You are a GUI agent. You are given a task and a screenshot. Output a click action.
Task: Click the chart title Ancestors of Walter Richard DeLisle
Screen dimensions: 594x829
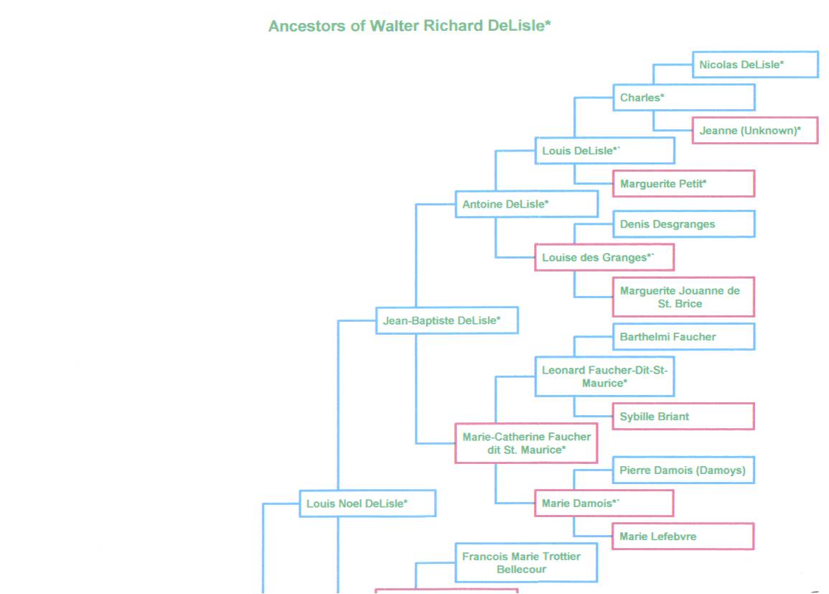[409, 27]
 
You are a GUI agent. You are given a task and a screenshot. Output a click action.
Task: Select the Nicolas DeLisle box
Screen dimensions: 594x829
[755, 65]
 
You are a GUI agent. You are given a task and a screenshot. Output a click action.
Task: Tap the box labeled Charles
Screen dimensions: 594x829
[683, 98]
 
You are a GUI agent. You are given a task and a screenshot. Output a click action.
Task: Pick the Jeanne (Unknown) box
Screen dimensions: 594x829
[755, 131]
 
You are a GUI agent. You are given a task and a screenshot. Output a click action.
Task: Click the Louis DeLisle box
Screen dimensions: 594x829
[604, 151]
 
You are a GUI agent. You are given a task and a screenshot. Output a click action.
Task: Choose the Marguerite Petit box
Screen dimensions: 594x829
[683, 184]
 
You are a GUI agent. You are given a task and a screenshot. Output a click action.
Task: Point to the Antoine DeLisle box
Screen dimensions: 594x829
[526, 204]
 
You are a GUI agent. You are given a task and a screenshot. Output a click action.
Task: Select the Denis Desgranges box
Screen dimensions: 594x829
[683, 224]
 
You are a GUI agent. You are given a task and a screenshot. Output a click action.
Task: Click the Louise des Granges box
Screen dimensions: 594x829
[604, 258]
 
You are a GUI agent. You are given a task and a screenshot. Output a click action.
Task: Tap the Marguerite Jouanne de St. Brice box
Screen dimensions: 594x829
[683, 297]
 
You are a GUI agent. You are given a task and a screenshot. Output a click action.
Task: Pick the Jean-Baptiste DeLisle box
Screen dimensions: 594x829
[446, 321]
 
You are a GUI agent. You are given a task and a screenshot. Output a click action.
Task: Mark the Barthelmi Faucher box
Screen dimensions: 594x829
[683, 337]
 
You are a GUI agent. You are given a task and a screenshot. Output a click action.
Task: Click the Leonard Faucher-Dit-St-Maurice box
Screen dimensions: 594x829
[604, 376]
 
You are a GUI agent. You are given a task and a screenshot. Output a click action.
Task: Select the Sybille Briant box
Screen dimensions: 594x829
[683, 417]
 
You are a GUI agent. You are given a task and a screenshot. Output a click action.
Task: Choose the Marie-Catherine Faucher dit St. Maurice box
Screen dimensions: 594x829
[526, 443]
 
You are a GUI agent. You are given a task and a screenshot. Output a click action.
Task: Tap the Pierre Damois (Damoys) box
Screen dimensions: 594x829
[683, 470]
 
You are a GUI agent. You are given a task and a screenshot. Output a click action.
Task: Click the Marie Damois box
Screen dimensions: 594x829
[604, 503]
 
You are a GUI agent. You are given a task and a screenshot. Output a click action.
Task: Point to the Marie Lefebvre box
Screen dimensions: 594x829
[683, 537]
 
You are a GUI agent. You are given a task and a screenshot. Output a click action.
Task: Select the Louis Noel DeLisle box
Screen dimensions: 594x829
[367, 503]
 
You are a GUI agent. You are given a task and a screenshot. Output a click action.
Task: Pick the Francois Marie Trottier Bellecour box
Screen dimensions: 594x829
[526, 562]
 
